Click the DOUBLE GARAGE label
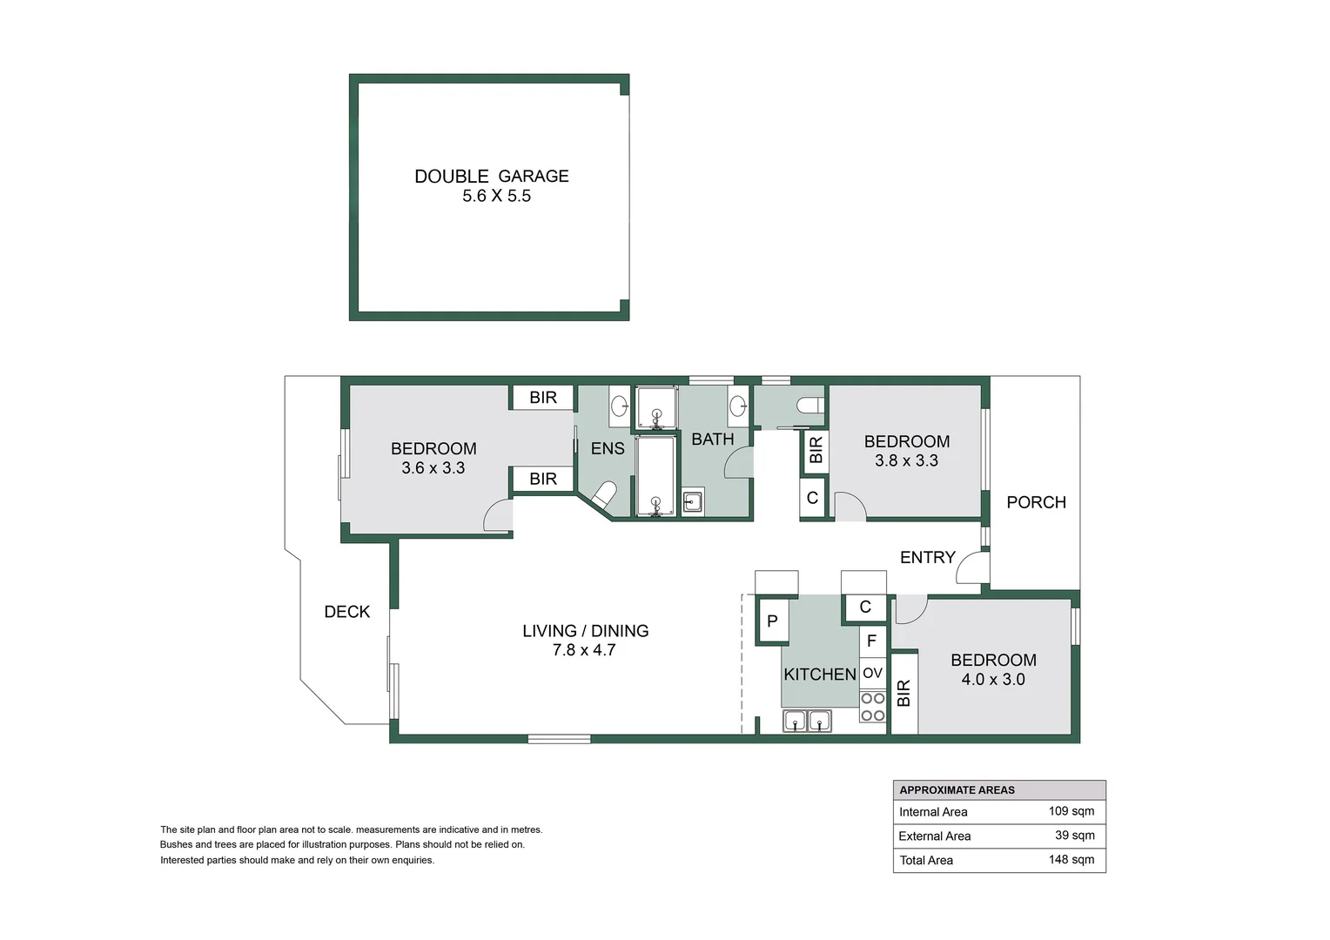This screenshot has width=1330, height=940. point(492,176)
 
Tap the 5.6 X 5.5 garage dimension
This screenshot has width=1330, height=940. point(497,196)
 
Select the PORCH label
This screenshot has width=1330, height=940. point(1037,502)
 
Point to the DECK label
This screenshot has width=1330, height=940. point(346,612)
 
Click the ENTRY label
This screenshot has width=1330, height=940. point(928,557)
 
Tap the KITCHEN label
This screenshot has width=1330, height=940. point(820,674)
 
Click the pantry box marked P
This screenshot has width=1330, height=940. point(772,621)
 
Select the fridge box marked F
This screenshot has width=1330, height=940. point(872,641)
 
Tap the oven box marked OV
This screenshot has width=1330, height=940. point(872,673)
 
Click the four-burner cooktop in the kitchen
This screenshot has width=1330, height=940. point(872,707)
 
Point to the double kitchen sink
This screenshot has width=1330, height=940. point(807,721)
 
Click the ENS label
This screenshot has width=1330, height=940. point(608,448)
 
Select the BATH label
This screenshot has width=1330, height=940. point(713,440)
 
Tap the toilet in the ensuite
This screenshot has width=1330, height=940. point(603,494)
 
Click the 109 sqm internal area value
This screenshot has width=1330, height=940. point(1071,811)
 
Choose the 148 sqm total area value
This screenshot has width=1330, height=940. point(1071,859)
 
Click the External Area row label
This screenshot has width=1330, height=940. point(935,836)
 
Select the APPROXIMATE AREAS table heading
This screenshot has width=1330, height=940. point(957,790)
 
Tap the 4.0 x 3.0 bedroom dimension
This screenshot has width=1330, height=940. point(993,679)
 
